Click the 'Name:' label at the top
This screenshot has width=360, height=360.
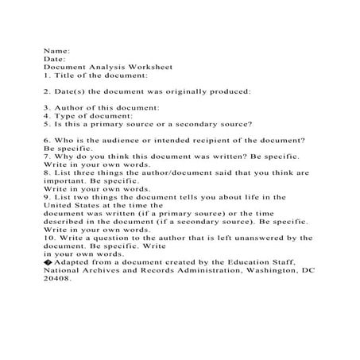[x=56, y=49]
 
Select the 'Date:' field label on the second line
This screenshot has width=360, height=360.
[x=56, y=58]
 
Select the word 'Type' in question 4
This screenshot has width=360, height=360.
[x=66, y=115]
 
